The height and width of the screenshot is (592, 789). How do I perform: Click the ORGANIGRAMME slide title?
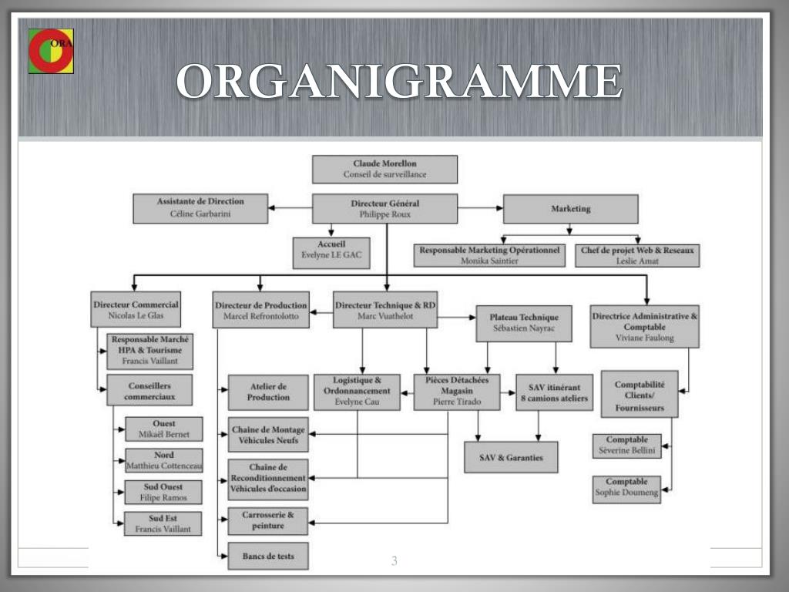[399, 81]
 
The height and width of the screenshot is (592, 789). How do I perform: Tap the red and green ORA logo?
[51, 51]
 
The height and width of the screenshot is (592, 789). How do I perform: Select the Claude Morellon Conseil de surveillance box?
[384, 169]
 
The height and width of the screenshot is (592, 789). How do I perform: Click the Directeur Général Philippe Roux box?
[384, 209]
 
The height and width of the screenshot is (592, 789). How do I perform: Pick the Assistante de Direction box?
[200, 208]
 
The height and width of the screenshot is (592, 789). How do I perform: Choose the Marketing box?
[570, 209]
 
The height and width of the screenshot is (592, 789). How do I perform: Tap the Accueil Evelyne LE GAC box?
[331, 253]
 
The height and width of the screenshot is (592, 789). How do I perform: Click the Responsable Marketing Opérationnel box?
[489, 255]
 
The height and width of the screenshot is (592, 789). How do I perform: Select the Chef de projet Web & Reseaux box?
[637, 255]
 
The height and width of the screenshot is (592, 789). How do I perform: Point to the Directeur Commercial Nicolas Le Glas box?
[136, 310]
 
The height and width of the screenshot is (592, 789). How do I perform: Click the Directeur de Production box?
[261, 310]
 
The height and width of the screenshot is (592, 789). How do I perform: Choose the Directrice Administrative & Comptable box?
[646, 326]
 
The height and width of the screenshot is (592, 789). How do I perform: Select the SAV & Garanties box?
[511, 457]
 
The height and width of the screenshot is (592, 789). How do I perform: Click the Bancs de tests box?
[267, 556]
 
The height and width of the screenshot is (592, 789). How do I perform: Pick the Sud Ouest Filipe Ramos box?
[163, 493]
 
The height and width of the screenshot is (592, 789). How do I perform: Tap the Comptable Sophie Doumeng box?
[628, 487]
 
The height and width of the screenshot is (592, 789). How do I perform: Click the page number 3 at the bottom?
[394, 561]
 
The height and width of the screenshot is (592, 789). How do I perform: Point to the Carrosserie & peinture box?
[267, 520]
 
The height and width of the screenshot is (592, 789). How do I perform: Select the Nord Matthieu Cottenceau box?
[163, 460]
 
